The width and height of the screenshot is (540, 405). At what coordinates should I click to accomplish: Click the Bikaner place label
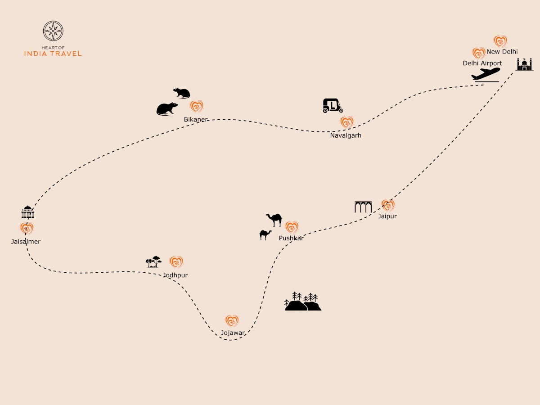[196, 120]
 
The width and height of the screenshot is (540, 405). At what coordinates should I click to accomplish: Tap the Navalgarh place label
[346, 135]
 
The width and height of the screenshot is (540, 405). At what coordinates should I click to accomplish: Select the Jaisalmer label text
[26, 242]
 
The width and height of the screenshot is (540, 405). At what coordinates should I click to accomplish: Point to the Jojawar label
[233, 333]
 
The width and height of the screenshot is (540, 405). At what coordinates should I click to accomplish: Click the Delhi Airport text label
[482, 63]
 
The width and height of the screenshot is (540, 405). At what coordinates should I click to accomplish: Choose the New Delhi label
[502, 52]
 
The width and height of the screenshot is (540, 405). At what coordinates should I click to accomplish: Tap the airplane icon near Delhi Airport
[486, 75]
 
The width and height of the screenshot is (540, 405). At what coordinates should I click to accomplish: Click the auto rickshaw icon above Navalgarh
[333, 106]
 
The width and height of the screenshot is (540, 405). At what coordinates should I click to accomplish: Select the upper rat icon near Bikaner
[182, 93]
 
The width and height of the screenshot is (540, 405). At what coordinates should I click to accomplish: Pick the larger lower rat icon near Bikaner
[167, 108]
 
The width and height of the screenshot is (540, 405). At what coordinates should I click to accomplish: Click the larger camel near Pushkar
[274, 220]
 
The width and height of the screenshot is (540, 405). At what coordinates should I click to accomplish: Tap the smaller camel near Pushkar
[265, 235]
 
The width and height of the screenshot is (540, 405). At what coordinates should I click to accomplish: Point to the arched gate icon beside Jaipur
[363, 207]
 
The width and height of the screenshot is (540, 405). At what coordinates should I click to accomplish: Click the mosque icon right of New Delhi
[524, 64]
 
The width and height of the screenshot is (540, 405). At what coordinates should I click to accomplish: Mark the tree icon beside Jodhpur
[154, 261]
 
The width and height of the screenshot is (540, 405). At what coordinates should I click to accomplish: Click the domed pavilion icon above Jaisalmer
[28, 212]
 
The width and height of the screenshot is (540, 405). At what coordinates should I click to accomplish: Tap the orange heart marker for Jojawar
[232, 321]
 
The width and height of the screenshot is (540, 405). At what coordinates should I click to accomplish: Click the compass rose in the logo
[53, 31]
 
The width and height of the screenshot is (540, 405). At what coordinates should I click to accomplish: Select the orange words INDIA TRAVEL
[53, 54]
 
